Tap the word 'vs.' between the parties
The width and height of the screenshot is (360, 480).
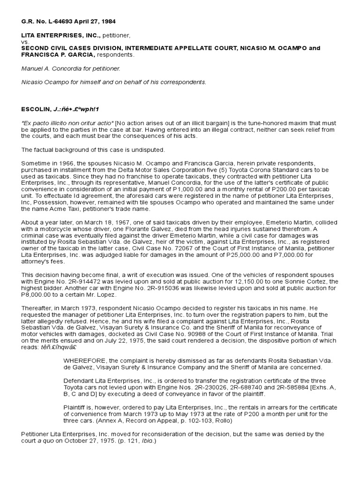pos(25,41)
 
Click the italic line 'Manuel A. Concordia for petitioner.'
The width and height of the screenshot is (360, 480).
pos(71,68)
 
